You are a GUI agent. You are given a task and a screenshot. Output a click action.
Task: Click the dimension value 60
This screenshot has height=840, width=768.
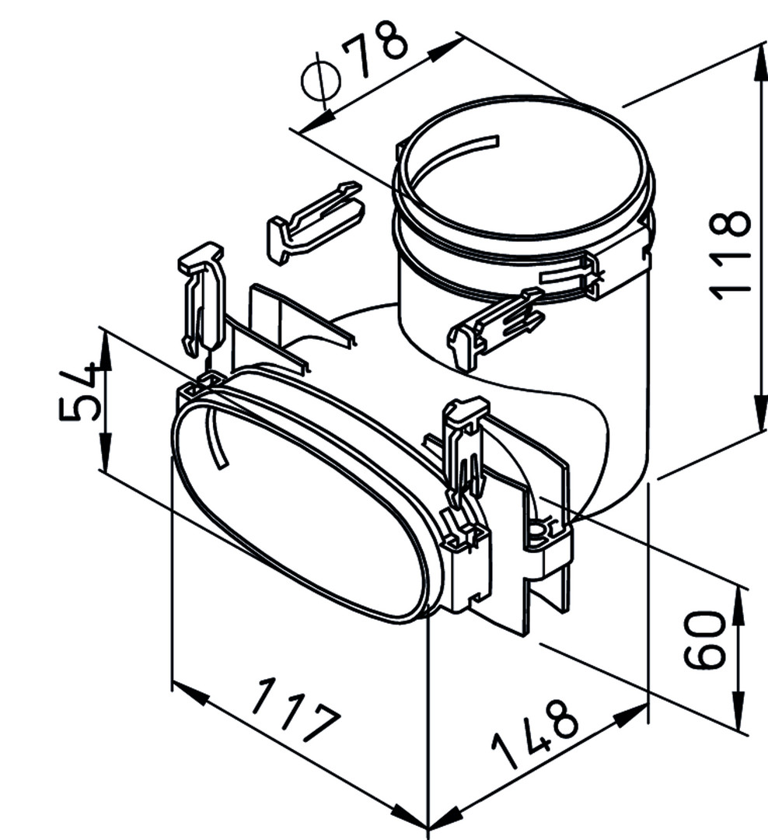tap(705, 639)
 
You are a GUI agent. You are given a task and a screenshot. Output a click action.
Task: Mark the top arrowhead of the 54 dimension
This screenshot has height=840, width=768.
tap(106, 350)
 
